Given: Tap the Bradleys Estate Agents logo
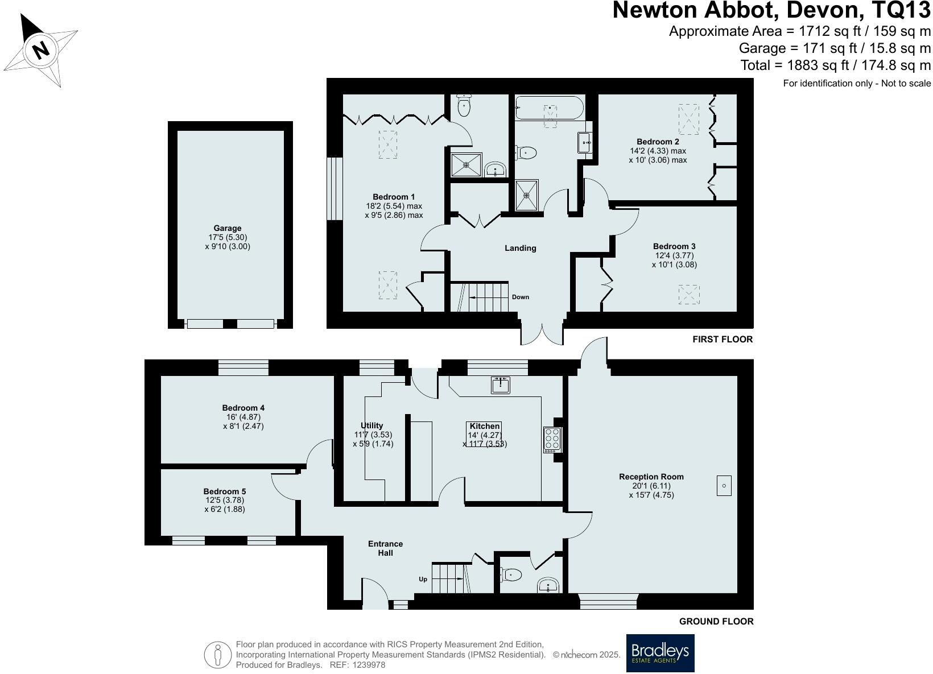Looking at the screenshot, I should pos(660,653).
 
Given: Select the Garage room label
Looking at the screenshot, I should pos(228,229).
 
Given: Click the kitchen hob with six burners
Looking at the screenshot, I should pos(552,439).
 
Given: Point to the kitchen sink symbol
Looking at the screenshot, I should pos(501,385).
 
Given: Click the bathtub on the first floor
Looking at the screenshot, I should pos(550,108).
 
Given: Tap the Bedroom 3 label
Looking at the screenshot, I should pos(674,246).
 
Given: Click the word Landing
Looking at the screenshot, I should pos(521,248).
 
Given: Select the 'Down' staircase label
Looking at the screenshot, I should pos(520,297).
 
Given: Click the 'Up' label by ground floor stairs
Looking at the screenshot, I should pos(423,579).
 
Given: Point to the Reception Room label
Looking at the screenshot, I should pos(651,477).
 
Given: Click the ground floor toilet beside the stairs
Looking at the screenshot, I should pos(511,575).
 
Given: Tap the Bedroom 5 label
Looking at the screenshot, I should pos(225,491).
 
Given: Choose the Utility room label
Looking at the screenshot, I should pos(372,425).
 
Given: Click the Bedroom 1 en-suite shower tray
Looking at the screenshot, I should pos(466,165).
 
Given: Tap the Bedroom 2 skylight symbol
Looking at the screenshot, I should pos(689,118).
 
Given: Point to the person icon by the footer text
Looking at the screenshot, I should pos(218,655).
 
